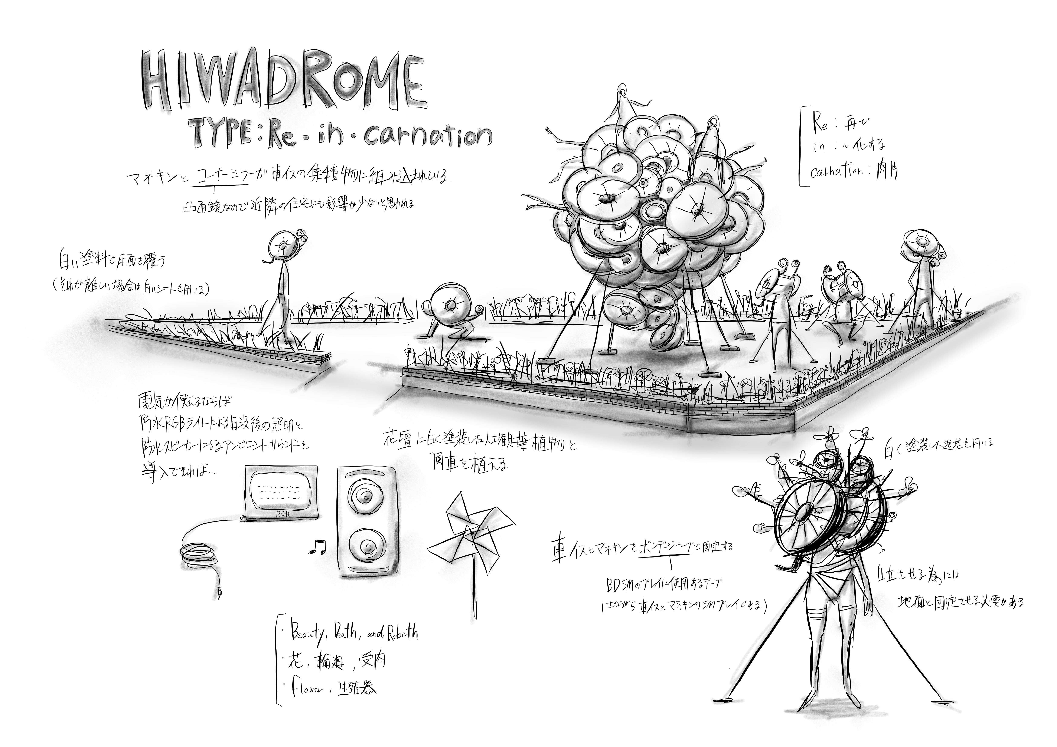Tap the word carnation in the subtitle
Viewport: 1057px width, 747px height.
428,136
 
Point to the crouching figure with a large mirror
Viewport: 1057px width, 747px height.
449,313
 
